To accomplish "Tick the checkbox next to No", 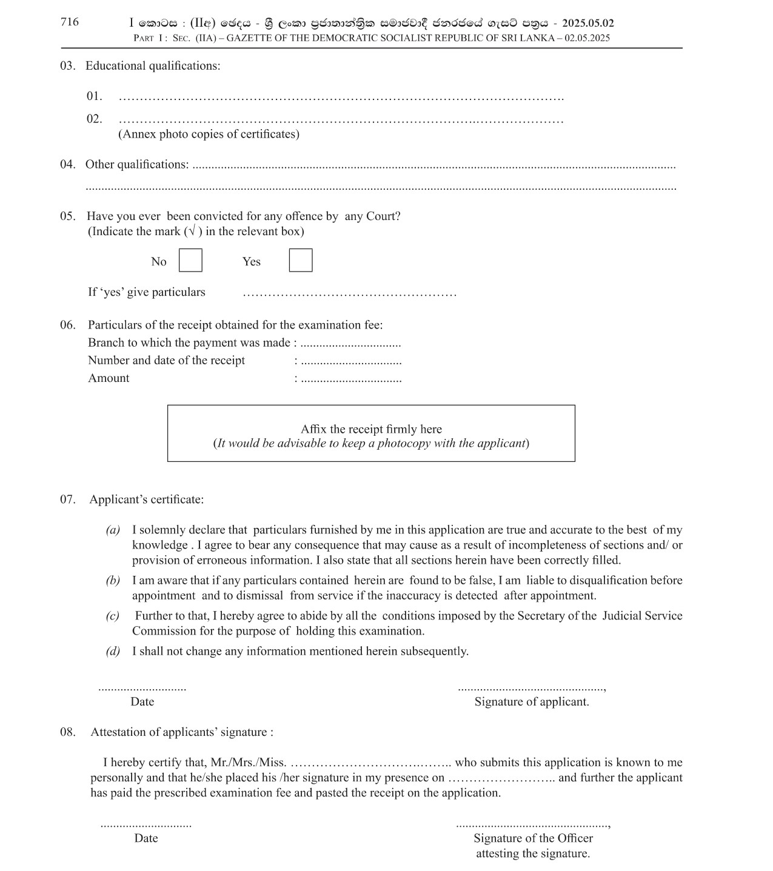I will click(190, 261).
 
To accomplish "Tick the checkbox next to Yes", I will click(301, 261).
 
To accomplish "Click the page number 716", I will click(70, 22).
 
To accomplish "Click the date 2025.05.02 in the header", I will click(587, 24).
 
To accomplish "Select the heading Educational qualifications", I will click(153, 66).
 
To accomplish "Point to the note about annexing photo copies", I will click(209, 135).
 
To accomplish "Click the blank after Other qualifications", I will click(433, 166).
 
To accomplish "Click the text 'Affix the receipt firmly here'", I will click(371, 429).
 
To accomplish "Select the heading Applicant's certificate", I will click(147, 500).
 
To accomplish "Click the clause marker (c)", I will click(113, 616).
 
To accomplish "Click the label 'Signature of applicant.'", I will click(532, 702).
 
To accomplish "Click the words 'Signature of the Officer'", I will click(533, 838).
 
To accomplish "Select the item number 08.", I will click(68, 732).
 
